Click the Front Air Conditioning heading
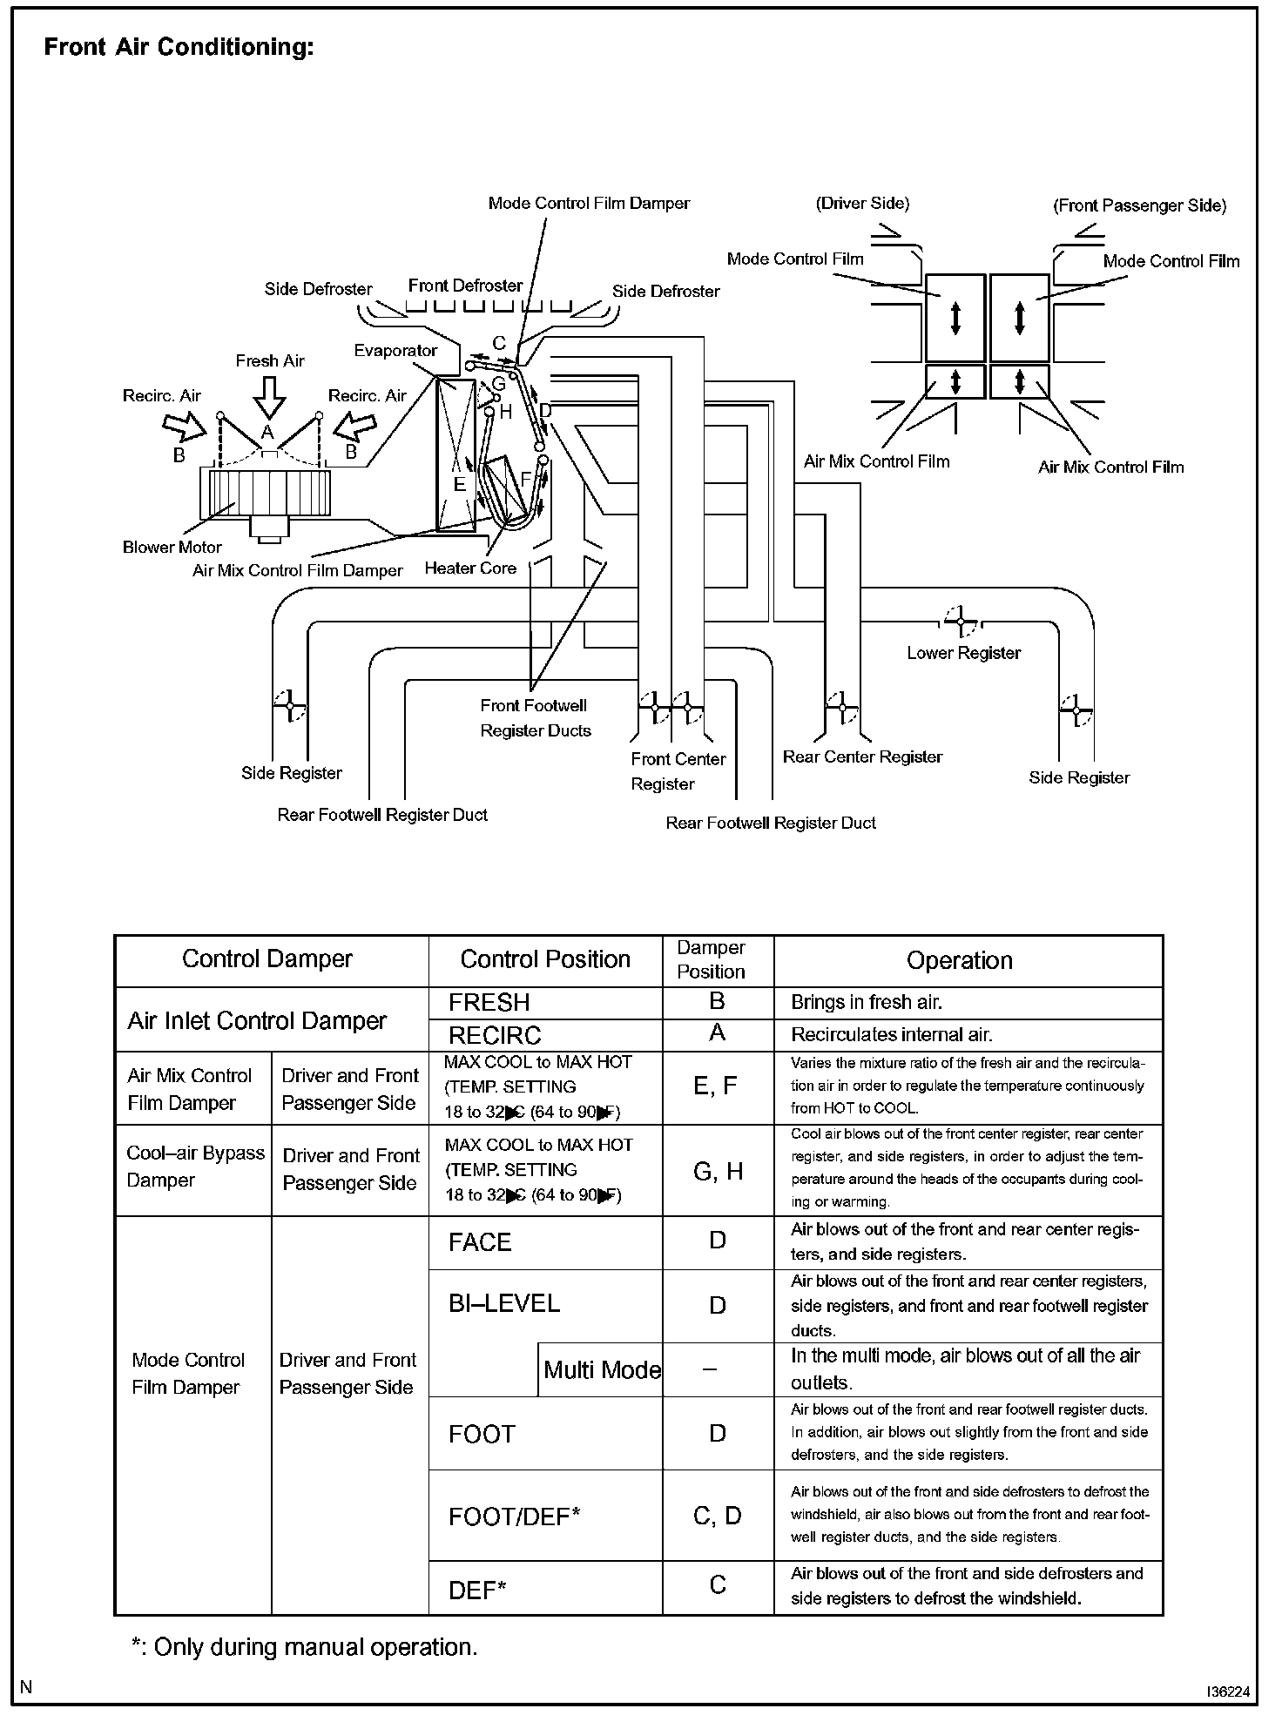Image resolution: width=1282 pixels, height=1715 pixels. click(x=179, y=47)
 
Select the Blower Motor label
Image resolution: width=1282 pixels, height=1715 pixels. click(x=172, y=548)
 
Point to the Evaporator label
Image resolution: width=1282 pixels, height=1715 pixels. click(x=395, y=351)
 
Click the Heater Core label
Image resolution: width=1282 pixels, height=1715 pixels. click(x=470, y=568)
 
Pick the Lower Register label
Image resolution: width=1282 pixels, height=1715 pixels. click(x=963, y=653)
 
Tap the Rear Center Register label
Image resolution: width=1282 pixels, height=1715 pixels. click(x=862, y=757)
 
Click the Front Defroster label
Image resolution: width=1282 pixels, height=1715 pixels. click(x=465, y=286)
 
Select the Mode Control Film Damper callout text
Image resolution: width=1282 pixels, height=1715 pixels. click(x=589, y=204)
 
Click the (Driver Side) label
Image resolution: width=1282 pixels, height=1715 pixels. click(x=862, y=204)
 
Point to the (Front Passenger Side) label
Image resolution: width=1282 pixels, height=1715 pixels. click(x=1139, y=206)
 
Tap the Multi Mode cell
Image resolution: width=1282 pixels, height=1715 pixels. click(x=602, y=1370)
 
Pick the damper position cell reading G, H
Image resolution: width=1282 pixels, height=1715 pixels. click(x=718, y=1172)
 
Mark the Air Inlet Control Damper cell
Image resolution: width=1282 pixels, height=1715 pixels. click(x=257, y=1020)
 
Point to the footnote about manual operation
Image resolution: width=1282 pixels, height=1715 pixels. click(x=304, y=1647)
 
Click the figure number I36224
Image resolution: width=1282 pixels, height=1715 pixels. click(x=1228, y=1692)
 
